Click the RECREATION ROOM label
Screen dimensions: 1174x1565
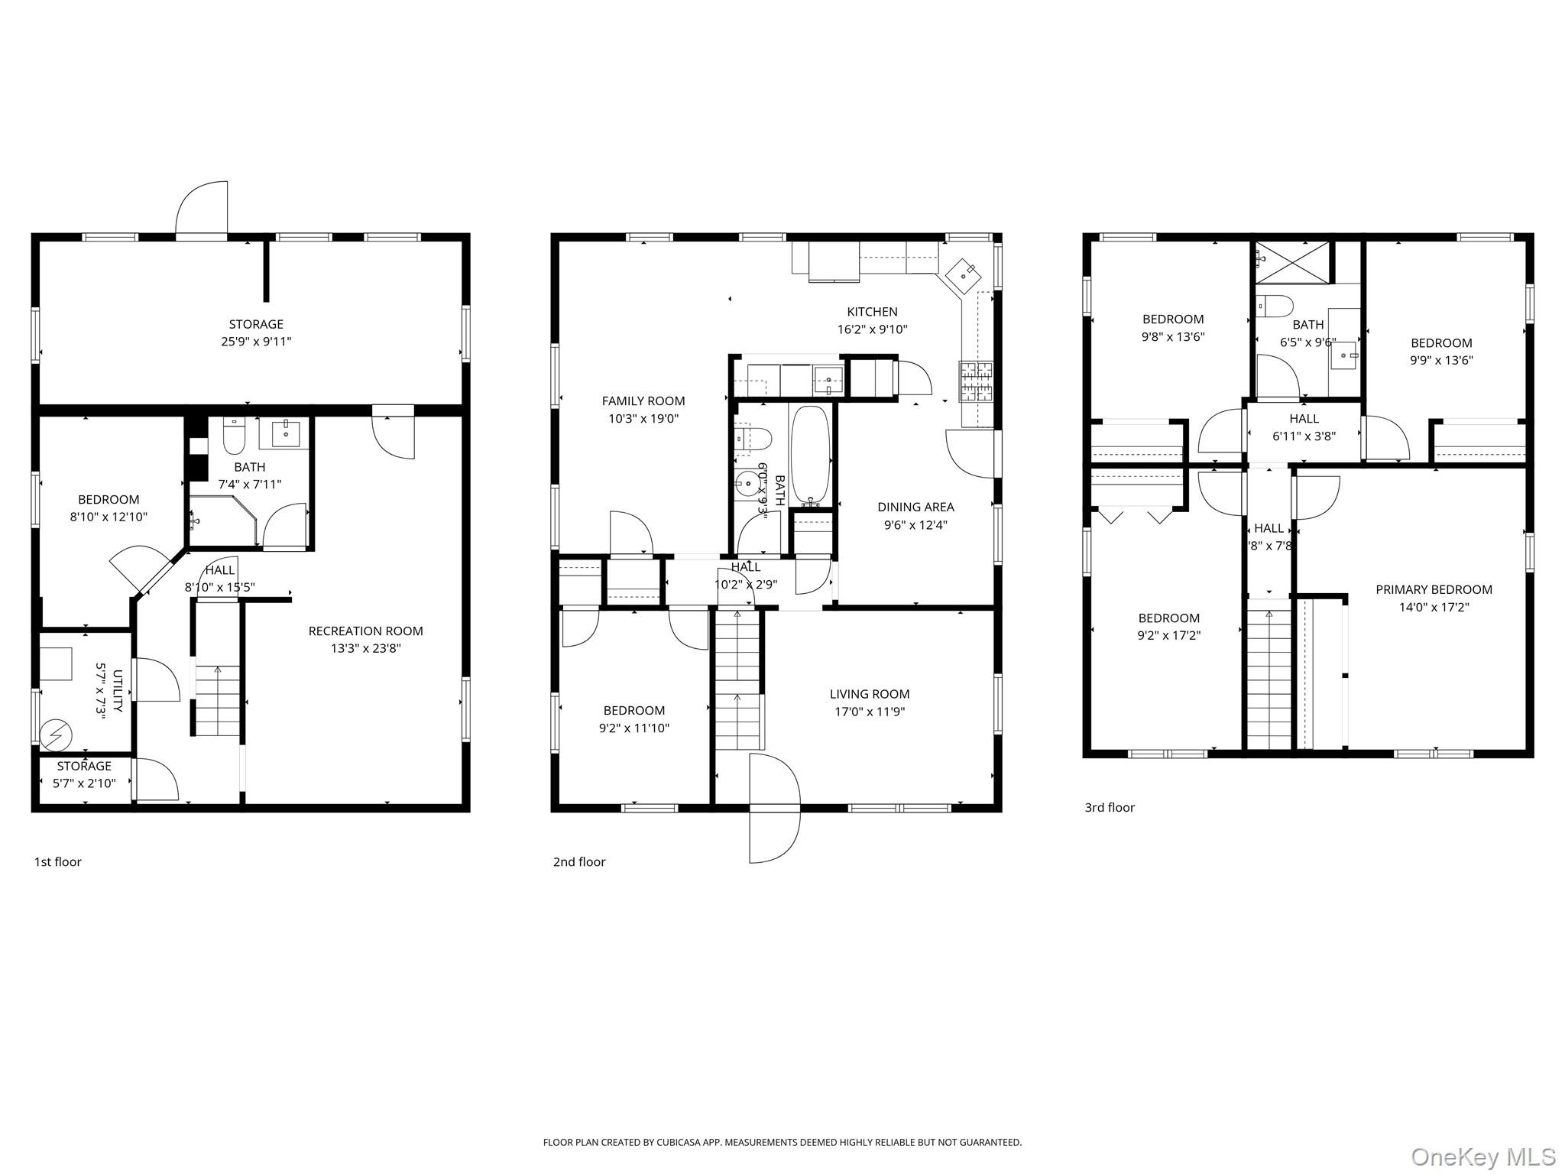[x=365, y=631]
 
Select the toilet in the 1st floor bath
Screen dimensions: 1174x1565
[x=233, y=438]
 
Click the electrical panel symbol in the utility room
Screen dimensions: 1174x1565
[x=56, y=735]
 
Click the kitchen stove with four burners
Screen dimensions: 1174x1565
[x=976, y=381]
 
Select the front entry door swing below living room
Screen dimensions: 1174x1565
[x=773, y=808]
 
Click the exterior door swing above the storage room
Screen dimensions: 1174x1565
[x=203, y=209]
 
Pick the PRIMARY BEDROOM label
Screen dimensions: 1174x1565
[x=1434, y=589]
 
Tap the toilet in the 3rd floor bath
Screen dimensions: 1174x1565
[x=1275, y=306]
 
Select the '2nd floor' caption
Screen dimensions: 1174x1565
[x=579, y=862]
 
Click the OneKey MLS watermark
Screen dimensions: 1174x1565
[x=1482, y=1156]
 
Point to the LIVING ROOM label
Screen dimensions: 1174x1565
[x=870, y=694]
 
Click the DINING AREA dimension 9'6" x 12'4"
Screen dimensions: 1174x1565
[x=915, y=525]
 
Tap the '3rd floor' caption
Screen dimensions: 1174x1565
[x=1110, y=807]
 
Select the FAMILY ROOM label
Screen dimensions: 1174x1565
[x=643, y=401]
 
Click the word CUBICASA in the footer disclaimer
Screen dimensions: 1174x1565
[x=682, y=1143]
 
